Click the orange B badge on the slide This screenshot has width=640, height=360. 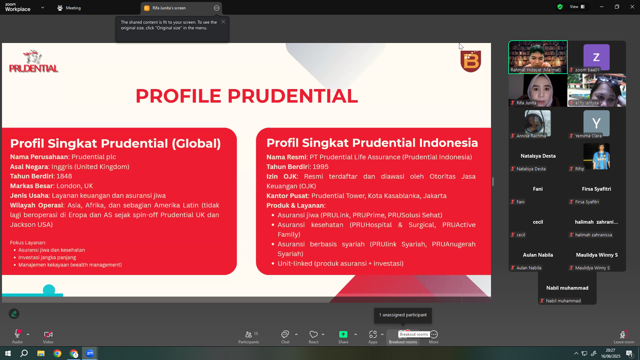tap(471, 61)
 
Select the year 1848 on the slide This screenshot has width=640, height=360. tap(64, 176)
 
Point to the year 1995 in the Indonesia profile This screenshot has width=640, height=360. tap(321, 167)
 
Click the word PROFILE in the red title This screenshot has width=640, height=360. tap(178, 96)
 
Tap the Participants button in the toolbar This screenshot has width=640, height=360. tap(249, 337)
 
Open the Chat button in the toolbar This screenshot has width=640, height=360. tap(285, 337)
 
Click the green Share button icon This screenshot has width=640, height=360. tap(343, 334)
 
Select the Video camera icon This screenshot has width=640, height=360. tap(48, 334)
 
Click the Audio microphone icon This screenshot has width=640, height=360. tap(17, 334)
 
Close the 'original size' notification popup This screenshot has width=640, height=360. tap(223, 22)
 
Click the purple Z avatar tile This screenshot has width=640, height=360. tap(596, 57)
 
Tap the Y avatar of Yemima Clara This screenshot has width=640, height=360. tap(596, 123)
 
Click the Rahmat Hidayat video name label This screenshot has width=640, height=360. tap(535, 70)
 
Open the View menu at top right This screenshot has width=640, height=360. tap(577, 7)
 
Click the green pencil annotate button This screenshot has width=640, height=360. tap(14, 314)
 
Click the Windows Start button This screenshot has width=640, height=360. tap(8, 353)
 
